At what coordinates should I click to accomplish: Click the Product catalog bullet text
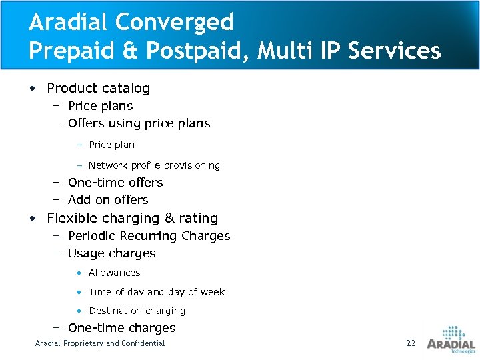(x=98, y=88)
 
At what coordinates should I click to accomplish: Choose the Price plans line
(x=100, y=106)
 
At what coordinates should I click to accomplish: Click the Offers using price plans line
(x=139, y=123)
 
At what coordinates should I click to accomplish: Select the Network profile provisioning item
(x=154, y=165)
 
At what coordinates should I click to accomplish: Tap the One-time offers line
(x=115, y=183)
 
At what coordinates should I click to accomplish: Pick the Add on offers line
(x=108, y=200)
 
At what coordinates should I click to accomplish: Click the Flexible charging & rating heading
(x=132, y=218)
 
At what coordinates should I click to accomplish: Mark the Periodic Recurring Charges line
(x=149, y=236)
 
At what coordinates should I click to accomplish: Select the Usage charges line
(x=111, y=253)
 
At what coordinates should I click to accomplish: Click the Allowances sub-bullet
(x=114, y=273)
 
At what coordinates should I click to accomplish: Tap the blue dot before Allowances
(x=79, y=273)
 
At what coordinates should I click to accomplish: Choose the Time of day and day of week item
(x=157, y=292)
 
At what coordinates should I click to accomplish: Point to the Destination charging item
(x=137, y=311)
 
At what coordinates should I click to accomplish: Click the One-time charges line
(x=121, y=328)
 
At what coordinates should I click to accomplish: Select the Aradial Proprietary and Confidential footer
(x=100, y=343)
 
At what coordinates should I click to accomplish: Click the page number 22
(x=411, y=343)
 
